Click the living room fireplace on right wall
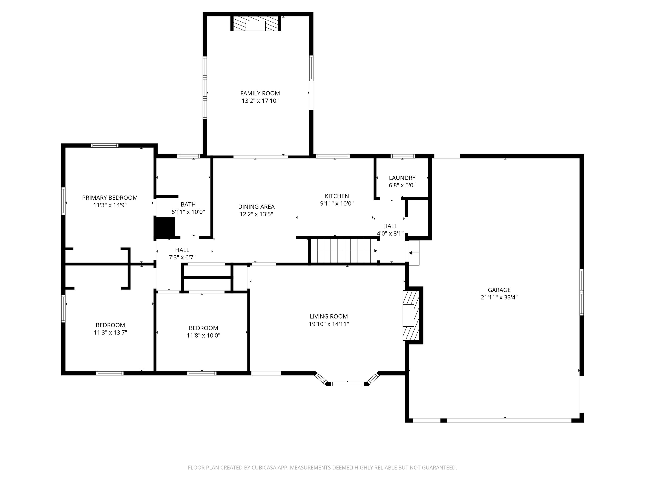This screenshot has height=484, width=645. tap(411, 315)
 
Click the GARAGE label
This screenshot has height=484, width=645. tap(499, 290)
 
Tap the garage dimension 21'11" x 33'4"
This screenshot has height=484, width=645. tap(499, 297)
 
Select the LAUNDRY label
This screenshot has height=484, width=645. tap(402, 178)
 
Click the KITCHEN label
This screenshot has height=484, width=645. tap(337, 196)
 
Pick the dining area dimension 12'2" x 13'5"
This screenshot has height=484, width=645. tap(256, 214)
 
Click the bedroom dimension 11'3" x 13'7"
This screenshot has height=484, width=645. tap(110, 333)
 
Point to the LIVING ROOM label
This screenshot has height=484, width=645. tap(329, 317)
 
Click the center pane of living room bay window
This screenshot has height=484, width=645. tap(347, 384)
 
